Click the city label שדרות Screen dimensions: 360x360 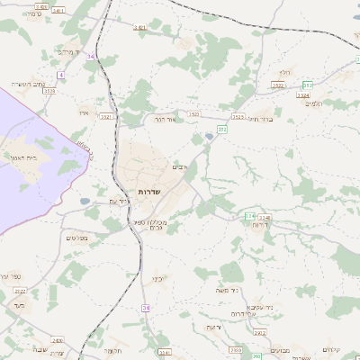coord(149,193)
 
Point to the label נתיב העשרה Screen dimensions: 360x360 coord(28,84)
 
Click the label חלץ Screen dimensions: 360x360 coord(286,71)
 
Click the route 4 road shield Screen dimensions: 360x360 coord(61,74)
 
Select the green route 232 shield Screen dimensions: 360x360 coord(221,130)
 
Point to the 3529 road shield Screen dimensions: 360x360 coord(49,91)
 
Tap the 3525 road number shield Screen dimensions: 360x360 coord(238,116)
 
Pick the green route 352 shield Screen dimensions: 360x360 coord(307,85)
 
